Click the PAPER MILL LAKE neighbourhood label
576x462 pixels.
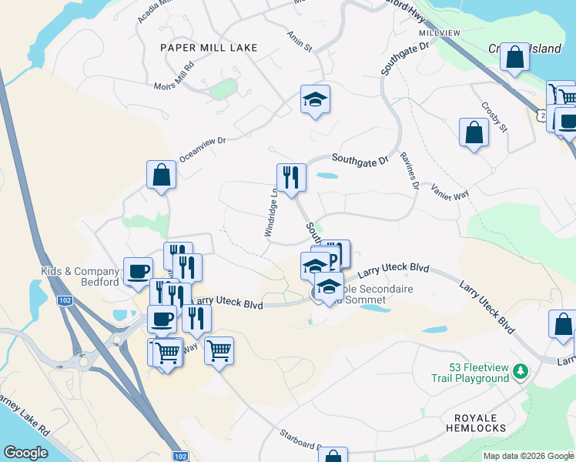(208, 48)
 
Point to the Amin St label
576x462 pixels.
(299, 42)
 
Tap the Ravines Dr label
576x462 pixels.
(409, 170)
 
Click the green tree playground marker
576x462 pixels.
(521, 372)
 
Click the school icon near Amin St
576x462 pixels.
(315, 99)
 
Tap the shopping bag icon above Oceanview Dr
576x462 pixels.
(162, 174)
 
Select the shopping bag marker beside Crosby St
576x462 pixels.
(474, 132)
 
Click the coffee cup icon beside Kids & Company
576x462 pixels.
(138, 270)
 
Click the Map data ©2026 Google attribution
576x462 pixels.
(528, 456)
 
